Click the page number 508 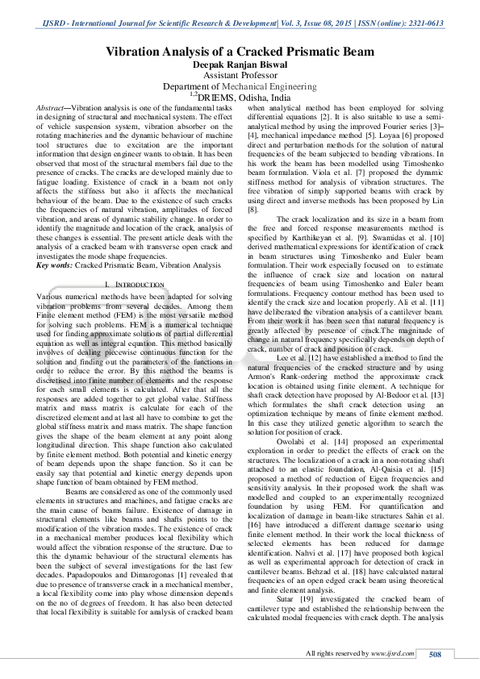[436, 653]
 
